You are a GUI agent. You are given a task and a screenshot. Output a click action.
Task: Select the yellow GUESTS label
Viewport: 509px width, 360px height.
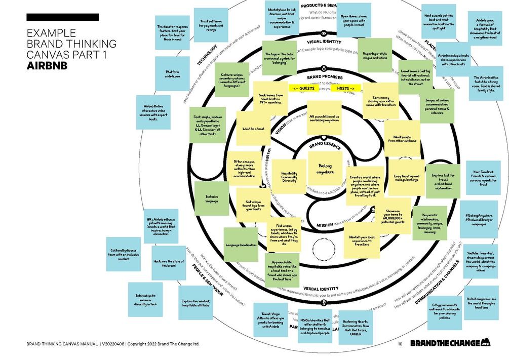[x=304, y=88]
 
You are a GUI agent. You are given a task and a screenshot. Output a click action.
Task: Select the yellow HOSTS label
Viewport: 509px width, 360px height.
[x=343, y=88]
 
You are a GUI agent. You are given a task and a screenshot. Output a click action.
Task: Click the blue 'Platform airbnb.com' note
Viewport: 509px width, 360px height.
[x=172, y=74]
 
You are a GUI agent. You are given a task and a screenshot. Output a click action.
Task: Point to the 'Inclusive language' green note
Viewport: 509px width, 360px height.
[x=211, y=198]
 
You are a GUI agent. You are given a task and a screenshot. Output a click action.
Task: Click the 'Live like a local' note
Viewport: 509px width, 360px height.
[x=253, y=129]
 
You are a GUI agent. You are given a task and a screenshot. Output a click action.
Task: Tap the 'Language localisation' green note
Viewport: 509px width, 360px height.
[x=241, y=245]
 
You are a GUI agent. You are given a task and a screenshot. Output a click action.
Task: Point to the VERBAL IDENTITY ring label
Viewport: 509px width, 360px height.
[x=321, y=288]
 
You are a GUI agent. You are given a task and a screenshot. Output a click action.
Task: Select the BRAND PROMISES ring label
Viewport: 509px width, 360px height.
[x=324, y=76]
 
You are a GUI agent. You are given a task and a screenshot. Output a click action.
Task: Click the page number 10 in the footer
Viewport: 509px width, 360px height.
[x=400, y=344]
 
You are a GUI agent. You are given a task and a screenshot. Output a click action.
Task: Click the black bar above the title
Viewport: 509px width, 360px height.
[x=62, y=17]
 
